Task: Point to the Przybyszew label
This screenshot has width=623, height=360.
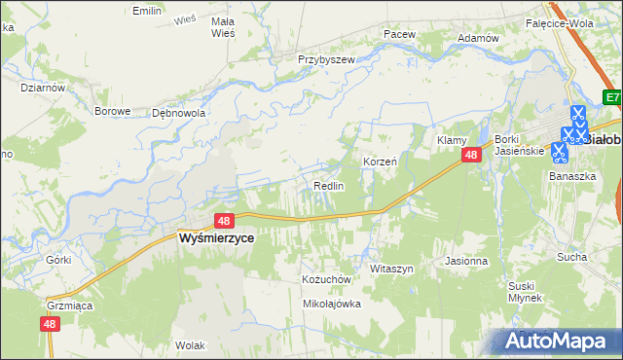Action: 326,58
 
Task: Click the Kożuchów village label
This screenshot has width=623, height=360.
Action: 325,279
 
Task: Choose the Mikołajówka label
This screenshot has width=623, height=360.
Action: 332,304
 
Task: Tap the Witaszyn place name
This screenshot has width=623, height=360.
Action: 393,268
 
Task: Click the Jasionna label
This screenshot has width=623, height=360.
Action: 465,261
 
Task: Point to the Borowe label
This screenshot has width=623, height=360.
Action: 112,111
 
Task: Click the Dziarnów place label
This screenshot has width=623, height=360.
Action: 42,87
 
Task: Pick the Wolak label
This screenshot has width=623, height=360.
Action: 189,345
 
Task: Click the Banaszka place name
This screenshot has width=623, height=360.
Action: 571,177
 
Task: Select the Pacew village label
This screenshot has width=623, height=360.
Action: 399,34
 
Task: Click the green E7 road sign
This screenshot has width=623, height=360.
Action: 611,98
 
